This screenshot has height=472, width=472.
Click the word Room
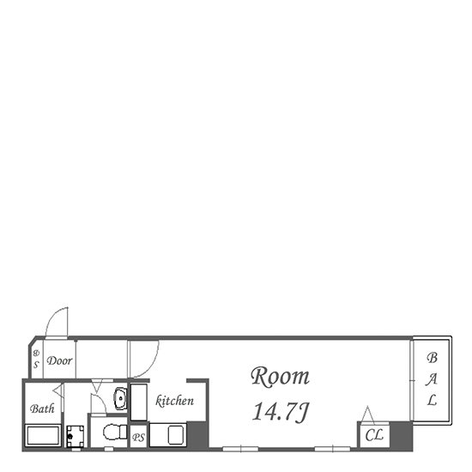tap(280, 376)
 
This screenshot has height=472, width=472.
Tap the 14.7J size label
tap(281, 411)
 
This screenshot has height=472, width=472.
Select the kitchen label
tap(174, 401)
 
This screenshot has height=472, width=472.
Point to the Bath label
tap(42, 408)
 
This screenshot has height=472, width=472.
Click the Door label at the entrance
tap(59, 360)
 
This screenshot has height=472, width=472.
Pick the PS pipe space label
tap(138, 437)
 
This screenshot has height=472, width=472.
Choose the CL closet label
tap(374, 435)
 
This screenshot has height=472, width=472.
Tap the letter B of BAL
tap(432, 358)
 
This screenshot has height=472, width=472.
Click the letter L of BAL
tap(433, 400)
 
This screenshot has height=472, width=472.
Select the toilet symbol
tap(115, 432)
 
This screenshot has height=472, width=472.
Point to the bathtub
tap(43, 435)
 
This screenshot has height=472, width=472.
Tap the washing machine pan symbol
tap(75, 436)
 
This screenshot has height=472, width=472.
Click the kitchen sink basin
tap(176, 435)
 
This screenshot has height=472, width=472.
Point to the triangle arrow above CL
tap(368, 415)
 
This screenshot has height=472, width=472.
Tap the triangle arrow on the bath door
tap(58, 390)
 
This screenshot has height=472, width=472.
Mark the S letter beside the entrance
tap(36, 365)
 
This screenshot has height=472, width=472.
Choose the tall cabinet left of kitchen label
tap(139, 402)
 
